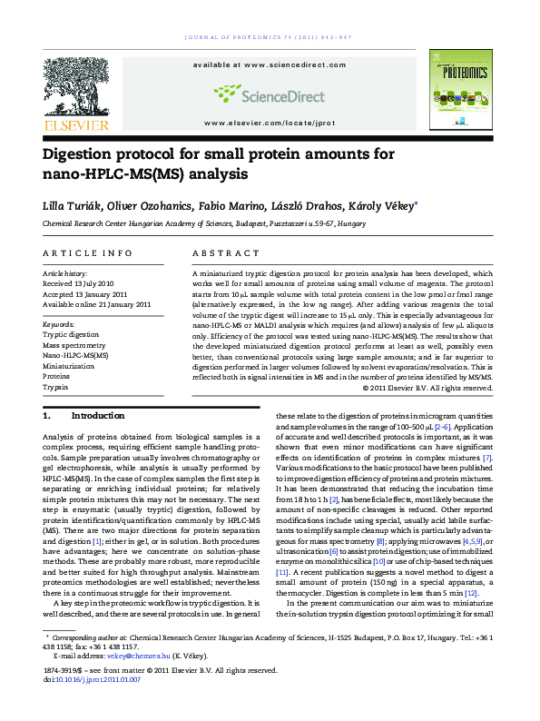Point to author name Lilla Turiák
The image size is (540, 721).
tap(69, 206)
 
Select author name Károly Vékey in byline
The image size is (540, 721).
tap(382, 206)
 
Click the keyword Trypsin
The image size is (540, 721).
tap(55, 387)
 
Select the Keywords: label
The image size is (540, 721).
tap(59, 323)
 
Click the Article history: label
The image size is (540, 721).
tap(65, 272)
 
